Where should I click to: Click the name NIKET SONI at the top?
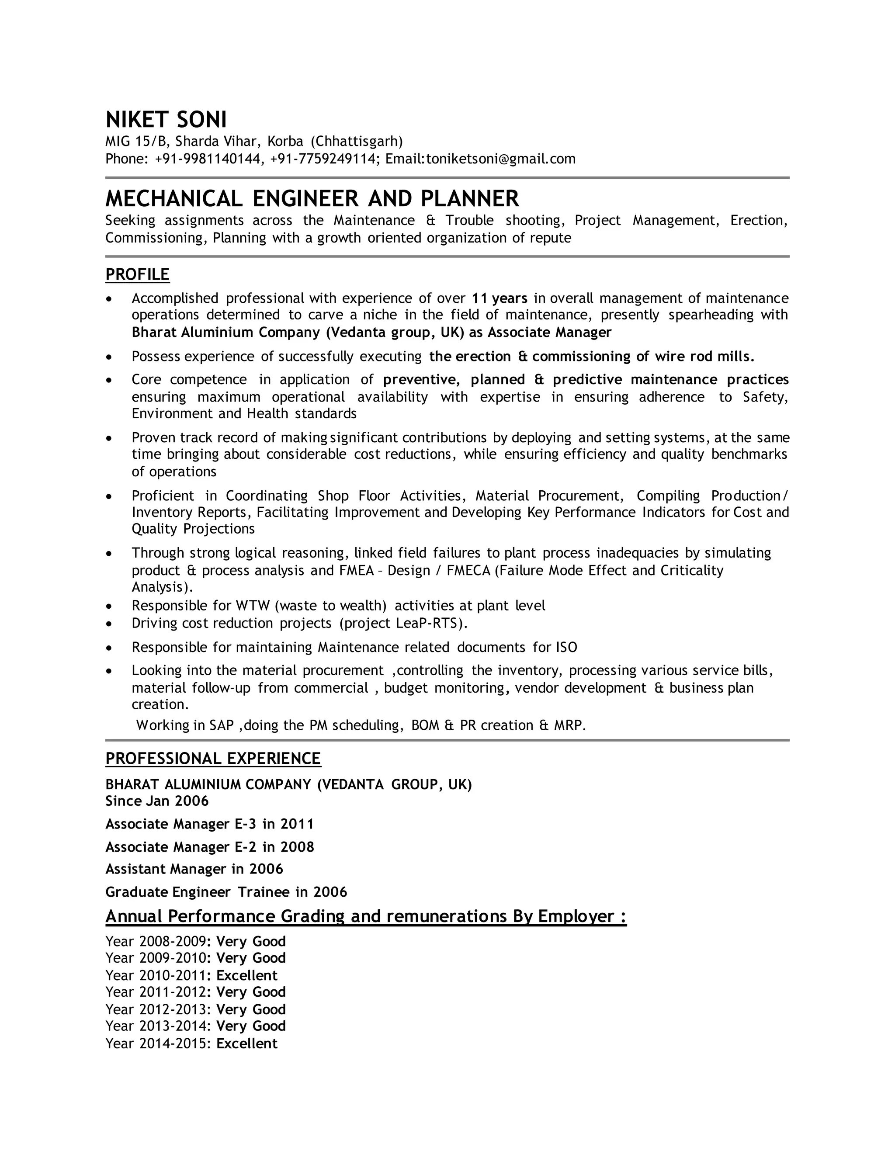point(166,120)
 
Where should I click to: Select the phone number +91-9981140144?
point(209,159)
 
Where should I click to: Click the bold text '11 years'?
point(500,298)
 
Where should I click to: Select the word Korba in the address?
point(285,142)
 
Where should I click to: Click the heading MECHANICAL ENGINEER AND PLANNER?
point(312,199)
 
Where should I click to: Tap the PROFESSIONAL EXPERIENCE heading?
point(213,758)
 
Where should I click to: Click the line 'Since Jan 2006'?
point(157,801)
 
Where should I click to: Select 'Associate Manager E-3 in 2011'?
point(209,824)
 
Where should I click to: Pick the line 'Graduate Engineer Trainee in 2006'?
point(226,892)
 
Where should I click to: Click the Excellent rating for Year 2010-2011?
point(246,976)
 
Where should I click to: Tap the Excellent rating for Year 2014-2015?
point(246,1044)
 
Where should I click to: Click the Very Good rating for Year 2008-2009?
point(251,941)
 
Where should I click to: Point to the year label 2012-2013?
point(172,1009)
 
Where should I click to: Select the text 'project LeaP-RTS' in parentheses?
point(403,623)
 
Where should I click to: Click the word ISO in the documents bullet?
point(566,648)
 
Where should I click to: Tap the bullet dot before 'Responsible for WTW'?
point(109,606)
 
